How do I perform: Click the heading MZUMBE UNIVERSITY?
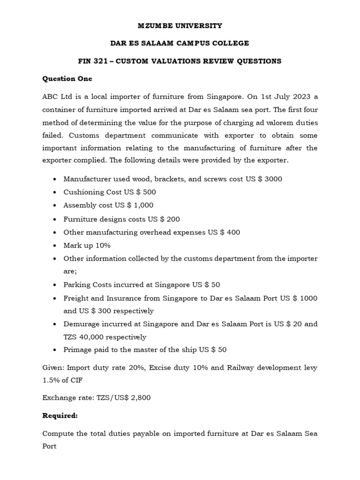point(180,25)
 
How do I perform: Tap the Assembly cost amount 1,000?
point(143,205)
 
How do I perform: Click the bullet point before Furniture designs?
point(55,219)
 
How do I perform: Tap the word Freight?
point(75,298)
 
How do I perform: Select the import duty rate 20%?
point(121,368)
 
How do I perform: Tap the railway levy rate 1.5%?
point(50,381)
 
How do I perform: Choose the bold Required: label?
point(60,415)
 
